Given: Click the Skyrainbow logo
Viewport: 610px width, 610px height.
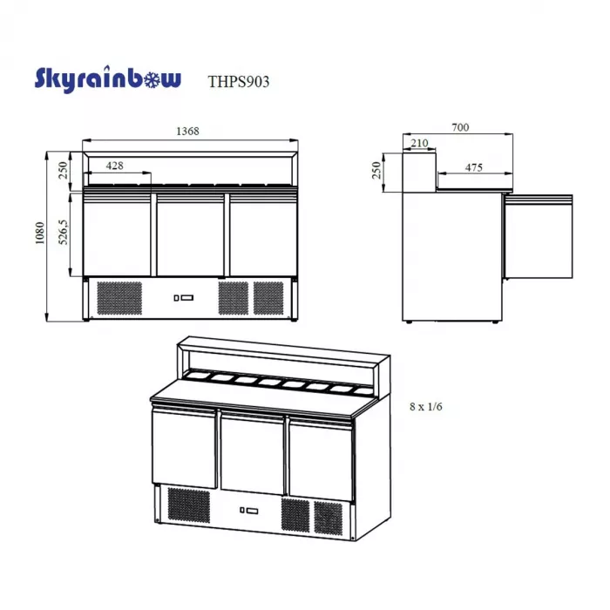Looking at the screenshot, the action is pyautogui.click(x=108, y=79).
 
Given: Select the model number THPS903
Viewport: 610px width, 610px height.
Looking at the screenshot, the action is pyautogui.click(x=239, y=82).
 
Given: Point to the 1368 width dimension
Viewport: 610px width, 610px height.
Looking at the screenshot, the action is pyautogui.click(x=187, y=131).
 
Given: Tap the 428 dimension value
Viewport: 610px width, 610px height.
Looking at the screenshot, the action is pyautogui.click(x=114, y=166).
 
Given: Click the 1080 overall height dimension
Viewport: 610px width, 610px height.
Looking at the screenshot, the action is pyautogui.click(x=40, y=233).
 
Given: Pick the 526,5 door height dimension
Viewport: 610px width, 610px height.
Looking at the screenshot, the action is pyautogui.click(x=63, y=233).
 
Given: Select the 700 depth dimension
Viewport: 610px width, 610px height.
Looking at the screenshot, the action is pyautogui.click(x=460, y=127).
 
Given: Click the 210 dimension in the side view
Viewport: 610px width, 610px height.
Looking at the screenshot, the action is pyautogui.click(x=419, y=143).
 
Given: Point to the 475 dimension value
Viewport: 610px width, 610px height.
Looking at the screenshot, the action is pyautogui.click(x=473, y=167).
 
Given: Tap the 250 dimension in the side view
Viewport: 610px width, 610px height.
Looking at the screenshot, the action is pyautogui.click(x=376, y=171).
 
